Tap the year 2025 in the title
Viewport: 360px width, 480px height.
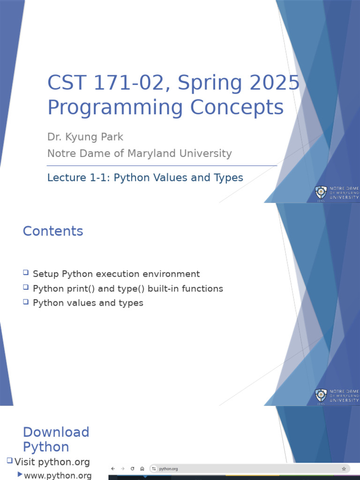275,82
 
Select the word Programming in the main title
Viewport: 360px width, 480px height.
115,108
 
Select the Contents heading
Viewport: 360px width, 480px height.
53,231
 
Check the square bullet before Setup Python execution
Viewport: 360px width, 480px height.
26,272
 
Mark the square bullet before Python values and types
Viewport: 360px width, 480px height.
26,302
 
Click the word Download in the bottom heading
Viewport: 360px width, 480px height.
56,432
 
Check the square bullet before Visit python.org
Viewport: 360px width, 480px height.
10,460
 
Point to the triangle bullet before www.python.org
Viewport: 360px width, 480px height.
20,474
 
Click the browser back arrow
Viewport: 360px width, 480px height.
113,469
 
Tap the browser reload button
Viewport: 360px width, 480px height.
132,469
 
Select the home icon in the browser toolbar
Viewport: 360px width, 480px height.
142,469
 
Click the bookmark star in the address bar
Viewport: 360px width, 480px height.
344,469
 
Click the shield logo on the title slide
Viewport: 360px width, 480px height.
321,193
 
